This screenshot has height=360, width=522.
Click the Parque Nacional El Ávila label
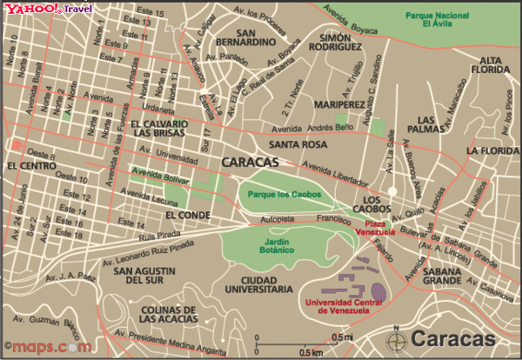pyautogui.click(x=443, y=19)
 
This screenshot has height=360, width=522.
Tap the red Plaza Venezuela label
pyautogui.click(x=376, y=227)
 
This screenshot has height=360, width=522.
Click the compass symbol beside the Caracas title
pyautogui.click(x=399, y=339)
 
